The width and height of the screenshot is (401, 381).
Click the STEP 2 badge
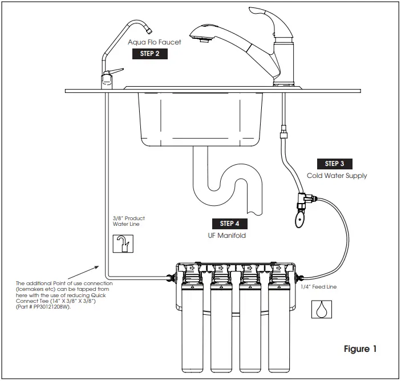150,54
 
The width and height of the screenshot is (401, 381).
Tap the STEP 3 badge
334,164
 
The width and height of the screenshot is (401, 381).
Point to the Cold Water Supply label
337,176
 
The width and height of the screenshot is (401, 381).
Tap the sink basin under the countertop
200,117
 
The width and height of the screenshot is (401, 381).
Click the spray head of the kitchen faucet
200,36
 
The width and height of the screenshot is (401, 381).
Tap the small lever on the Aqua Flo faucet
117,71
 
